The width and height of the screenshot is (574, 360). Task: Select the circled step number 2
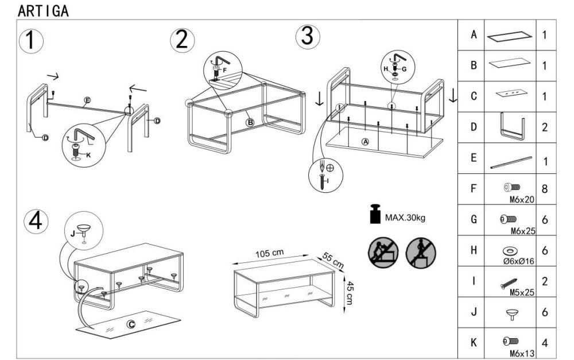coord(182,40)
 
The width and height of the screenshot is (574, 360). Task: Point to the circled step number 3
coord(307,36)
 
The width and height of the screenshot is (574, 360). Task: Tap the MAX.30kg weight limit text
coord(405,218)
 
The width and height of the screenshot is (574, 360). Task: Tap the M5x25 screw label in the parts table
coord(522,292)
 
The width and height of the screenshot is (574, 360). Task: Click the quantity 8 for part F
coord(544,188)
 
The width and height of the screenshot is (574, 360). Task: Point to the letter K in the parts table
coord(474,343)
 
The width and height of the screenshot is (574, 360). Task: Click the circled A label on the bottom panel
coord(365,141)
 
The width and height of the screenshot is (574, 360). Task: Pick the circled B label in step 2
coord(250,122)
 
